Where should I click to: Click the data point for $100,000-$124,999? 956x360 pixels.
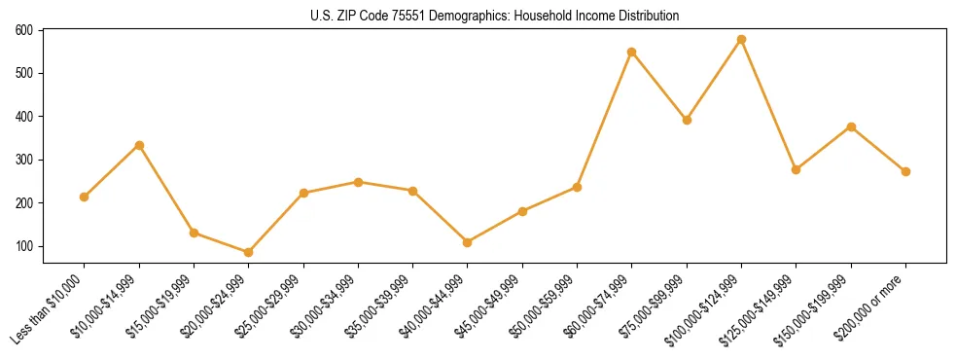click(742, 40)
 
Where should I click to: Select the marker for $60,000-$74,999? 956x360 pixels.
click(632, 52)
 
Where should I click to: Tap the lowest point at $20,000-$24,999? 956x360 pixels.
click(249, 252)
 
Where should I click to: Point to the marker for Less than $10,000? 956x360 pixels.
click(85, 197)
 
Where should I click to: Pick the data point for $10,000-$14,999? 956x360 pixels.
click(139, 145)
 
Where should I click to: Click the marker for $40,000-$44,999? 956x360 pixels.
click(468, 242)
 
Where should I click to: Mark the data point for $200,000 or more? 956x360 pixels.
click(905, 171)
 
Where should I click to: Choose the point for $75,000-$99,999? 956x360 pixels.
click(687, 121)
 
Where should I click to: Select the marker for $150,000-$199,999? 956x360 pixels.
click(851, 126)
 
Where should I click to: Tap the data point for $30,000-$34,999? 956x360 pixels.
click(358, 182)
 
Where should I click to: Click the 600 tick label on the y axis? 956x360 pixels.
click(24, 30)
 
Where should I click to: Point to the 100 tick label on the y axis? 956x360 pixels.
click(24, 246)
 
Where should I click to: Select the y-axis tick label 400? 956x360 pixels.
click(24, 117)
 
